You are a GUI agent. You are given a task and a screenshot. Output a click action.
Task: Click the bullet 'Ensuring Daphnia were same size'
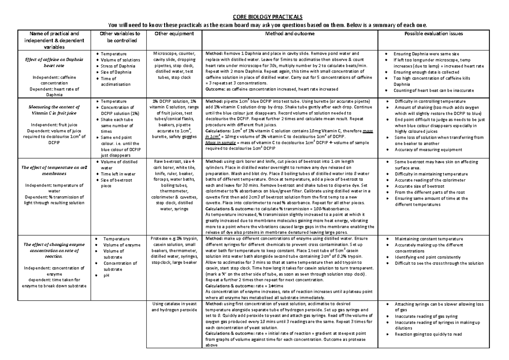click(426, 54)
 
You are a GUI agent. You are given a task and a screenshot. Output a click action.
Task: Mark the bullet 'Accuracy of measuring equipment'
click(428, 149)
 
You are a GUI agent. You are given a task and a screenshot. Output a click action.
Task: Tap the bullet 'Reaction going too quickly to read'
click(428, 334)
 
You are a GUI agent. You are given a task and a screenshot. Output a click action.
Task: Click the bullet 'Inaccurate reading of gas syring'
click(426, 316)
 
